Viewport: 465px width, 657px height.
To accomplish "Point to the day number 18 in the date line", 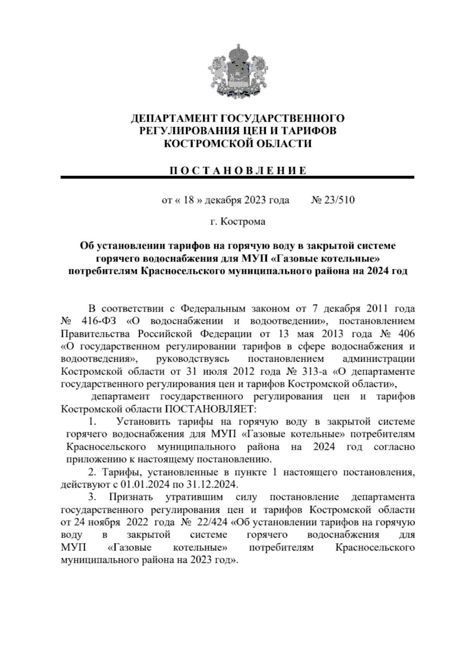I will pos(189,200).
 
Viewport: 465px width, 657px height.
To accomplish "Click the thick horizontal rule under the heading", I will pos(237,177).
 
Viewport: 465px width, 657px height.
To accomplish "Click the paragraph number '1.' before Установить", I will pos(93,421).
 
